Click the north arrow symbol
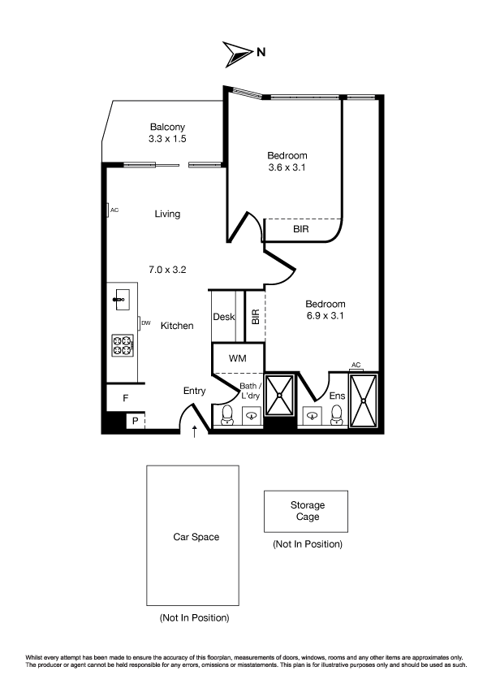[238, 54]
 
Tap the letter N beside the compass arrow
[261, 52]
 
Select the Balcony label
[167, 127]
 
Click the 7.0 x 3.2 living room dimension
[167, 270]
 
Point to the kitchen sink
[122, 299]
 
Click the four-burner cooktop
[123, 345]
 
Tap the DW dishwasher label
[146, 323]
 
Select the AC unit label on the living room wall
[114, 210]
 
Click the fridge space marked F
[126, 398]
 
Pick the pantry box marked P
[135, 421]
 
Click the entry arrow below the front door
[195, 431]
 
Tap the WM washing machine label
[238, 358]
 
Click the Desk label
[223, 317]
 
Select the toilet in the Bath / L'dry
[228, 415]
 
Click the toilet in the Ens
[337, 415]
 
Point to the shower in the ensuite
[364, 400]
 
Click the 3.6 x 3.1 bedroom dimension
[287, 167]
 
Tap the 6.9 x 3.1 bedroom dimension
[326, 316]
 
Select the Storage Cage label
[308, 511]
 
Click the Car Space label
[196, 537]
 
